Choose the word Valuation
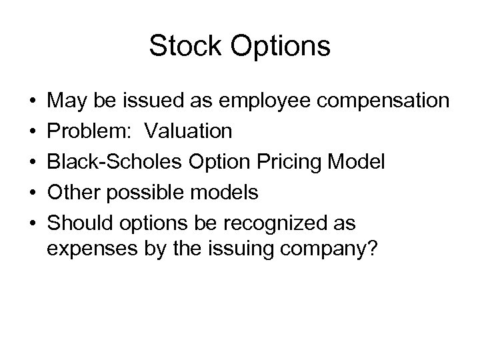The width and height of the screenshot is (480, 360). point(189,131)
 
